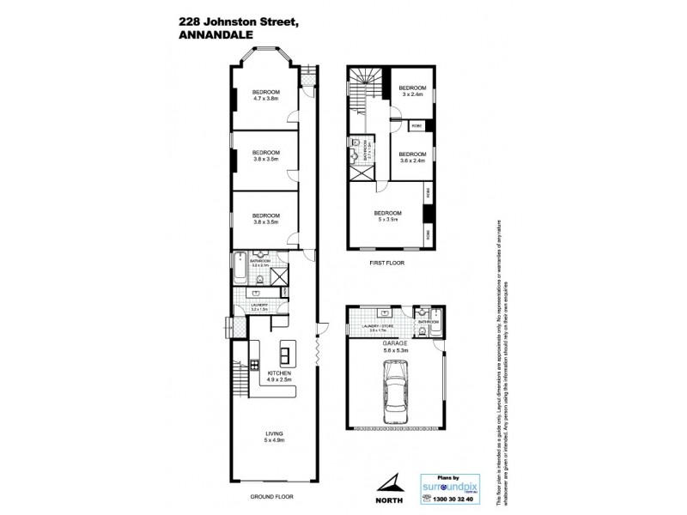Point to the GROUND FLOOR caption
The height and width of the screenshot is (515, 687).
click(x=270, y=497)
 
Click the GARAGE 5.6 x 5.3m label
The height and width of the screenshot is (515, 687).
click(x=395, y=347)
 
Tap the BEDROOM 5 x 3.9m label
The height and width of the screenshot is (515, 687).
click(x=387, y=215)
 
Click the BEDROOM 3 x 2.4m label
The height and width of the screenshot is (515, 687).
click(x=413, y=90)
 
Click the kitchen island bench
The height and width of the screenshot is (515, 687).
click(x=285, y=351)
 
